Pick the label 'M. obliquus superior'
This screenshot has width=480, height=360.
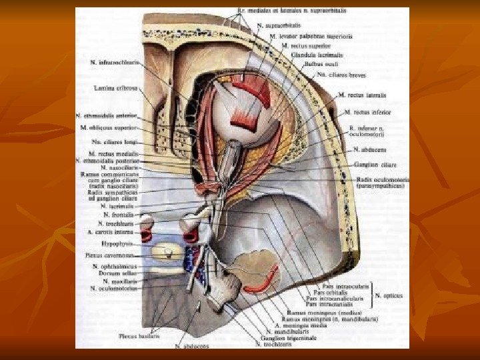point(109,127)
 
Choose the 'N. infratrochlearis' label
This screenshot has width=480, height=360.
point(114,62)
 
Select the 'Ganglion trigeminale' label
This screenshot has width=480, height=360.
point(287,338)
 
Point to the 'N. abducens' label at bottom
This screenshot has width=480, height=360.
point(192,346)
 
